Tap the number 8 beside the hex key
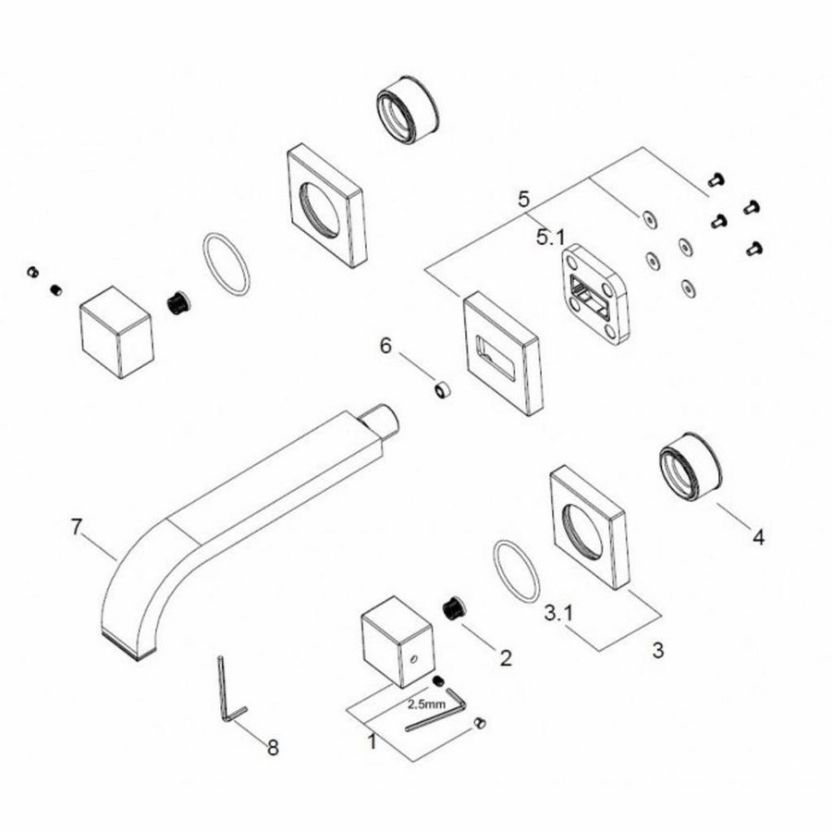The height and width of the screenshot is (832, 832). click(273, 747)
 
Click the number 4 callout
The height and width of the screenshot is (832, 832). click(758, 536)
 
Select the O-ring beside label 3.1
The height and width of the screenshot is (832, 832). click(517, 570)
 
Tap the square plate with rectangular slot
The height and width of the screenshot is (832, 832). click(503, 351)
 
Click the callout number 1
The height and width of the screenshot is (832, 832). click(371, 740)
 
